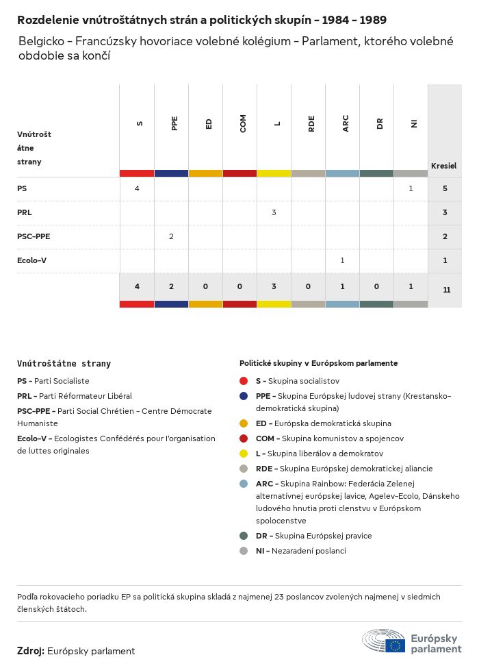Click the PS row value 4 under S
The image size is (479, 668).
137,188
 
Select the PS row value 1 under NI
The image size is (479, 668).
411,188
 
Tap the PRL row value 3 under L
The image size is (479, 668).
274,212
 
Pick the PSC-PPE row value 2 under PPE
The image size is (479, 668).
171,236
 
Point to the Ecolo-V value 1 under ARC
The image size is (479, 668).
342,260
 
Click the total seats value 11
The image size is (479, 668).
446,290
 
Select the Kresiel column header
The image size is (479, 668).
443,166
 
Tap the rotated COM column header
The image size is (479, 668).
243,123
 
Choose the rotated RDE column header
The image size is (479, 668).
311,123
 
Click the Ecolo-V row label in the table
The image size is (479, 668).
31,260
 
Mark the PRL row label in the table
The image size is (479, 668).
25,212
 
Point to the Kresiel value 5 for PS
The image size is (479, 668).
445,188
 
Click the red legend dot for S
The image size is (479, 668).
244,381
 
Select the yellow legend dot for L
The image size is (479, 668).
244,454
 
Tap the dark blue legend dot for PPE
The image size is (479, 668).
244,396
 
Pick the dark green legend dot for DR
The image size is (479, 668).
244,536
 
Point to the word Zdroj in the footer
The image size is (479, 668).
31,651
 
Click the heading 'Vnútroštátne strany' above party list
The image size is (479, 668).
64,364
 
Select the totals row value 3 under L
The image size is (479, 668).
274,286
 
